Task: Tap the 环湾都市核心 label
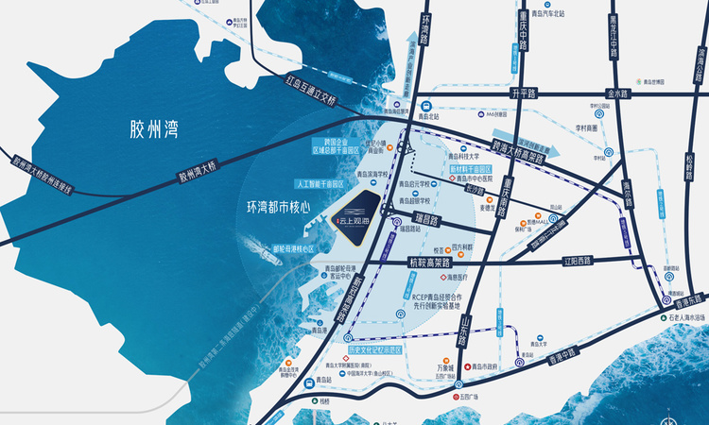[x=279, y=205]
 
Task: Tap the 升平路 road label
[x=523, y=93]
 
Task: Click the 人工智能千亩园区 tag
[x=323, y=186]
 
